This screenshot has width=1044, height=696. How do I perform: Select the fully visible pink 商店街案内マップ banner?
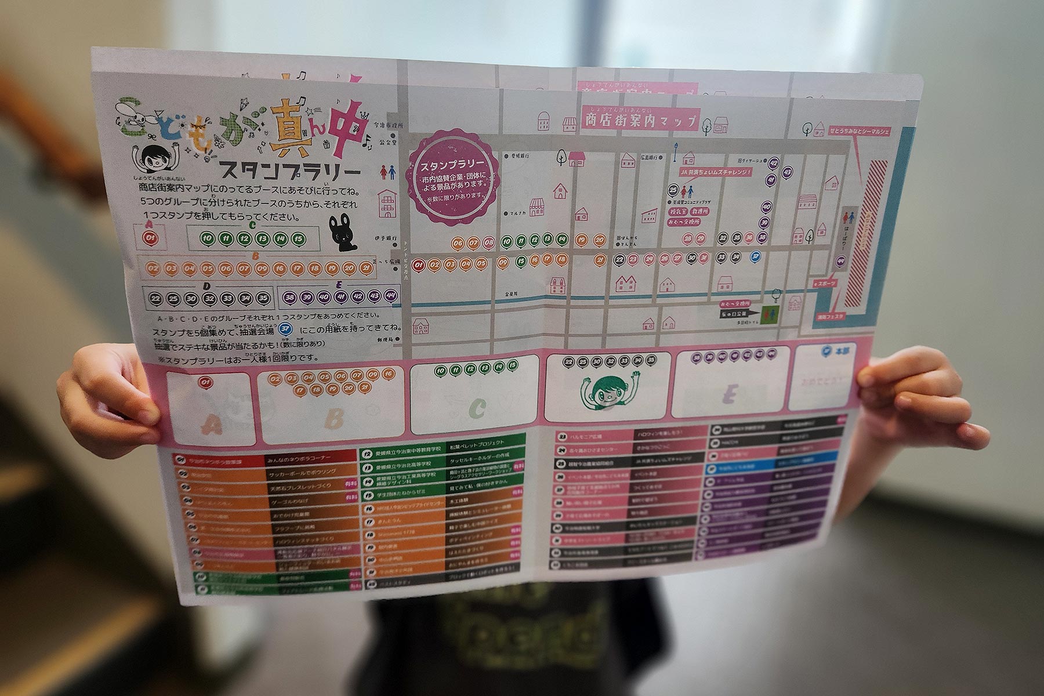point(640,121)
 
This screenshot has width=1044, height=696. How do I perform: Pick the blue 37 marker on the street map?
point(755,256)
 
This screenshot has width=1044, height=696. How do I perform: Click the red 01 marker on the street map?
point(419,264)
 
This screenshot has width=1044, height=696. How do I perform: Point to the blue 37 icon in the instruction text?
point(285,329)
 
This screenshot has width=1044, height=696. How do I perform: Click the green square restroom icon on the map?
point(770,314)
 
